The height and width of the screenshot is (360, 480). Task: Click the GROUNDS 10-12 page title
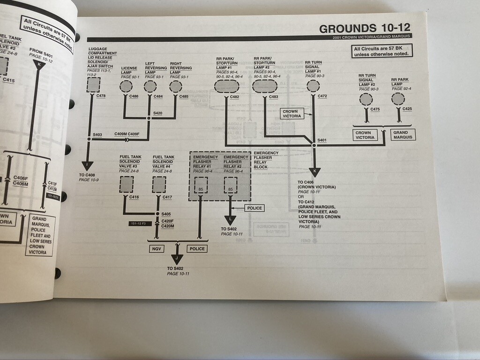[365, 28]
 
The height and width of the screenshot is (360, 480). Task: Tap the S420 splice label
[158, 113]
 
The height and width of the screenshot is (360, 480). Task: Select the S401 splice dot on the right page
[314, 145]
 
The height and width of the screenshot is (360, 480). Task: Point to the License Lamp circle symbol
[126, 86]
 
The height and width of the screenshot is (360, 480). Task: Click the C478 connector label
[101, 96]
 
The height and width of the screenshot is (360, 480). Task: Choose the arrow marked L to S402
[230, 220]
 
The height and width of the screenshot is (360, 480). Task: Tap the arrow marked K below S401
[315, 172]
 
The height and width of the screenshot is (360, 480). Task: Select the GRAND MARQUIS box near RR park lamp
[403, 135]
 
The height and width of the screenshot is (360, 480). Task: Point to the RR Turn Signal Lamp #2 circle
[366, 99]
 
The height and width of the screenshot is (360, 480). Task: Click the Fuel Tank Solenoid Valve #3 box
[127, 185]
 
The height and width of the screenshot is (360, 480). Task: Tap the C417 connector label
[166, 197]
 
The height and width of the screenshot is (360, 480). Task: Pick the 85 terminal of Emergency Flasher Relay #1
[201, 189]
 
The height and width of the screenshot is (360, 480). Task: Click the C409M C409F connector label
[127, 134]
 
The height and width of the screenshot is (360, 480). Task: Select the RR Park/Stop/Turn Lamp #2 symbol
[265, 86]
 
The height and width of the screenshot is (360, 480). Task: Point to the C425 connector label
[407, 109]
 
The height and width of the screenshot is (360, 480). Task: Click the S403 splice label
[97, 135]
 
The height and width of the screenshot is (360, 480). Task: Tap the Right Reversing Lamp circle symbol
[176, 86]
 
